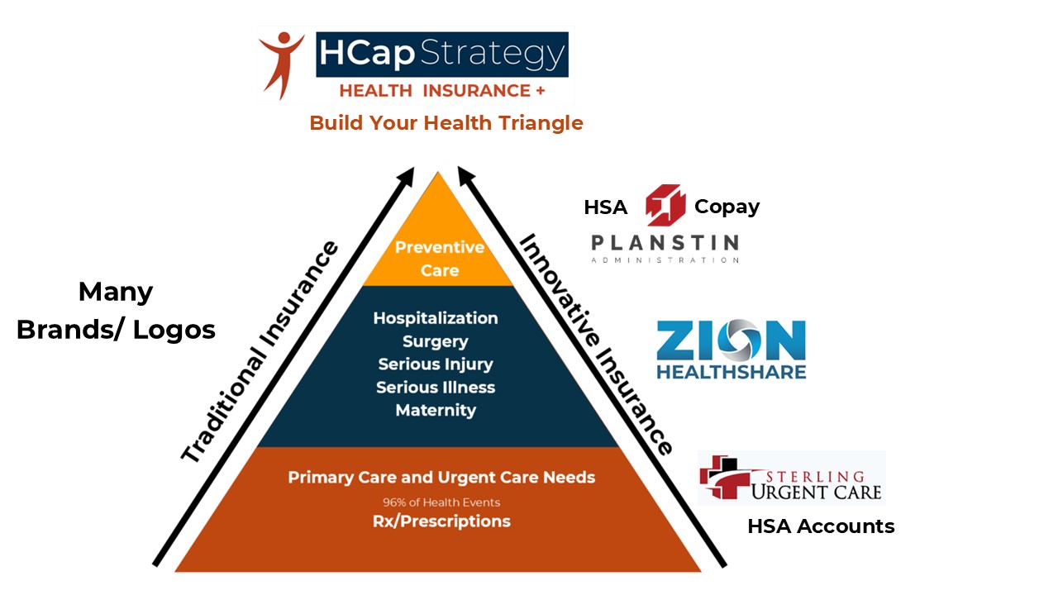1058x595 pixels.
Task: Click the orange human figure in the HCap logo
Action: (x=282, y=64)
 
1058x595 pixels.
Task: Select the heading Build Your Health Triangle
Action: (x=446, y=123)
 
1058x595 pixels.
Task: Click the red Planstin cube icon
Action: (x=665, y=205)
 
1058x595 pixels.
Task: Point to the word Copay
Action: (x=727, y=207)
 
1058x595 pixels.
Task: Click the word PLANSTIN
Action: (x=665, y=243)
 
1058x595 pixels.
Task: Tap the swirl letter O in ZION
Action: (x=738, y=340)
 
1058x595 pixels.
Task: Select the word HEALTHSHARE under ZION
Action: (x=732, y=372)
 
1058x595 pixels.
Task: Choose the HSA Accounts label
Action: (x=821, y=526)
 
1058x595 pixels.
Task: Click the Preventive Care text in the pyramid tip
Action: (x=439, y=259)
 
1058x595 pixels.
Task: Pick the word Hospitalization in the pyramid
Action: (x=436, y=318)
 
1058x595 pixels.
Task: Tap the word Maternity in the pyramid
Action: (x=436, y=411)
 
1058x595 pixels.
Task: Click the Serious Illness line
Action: (x=436, y=388)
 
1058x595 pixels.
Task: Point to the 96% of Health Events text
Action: (x=441, y=502)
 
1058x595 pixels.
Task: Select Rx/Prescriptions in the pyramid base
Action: (x=441, y=521)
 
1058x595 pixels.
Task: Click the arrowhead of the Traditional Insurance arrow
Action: (x=407, y=176)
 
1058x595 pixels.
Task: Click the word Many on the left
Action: (x=116, y=293)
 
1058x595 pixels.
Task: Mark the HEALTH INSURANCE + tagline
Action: (x=442, y=91)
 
